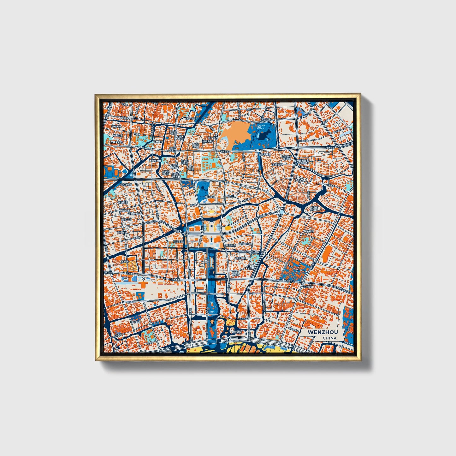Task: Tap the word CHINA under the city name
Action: point(329,338)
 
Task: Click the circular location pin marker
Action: point(144,279)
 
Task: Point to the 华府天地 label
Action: point(116,127)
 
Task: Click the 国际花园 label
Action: point(310,231)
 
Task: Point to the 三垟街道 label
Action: point(308,287)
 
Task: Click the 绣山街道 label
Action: point(210,197)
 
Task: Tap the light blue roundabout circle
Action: point(226,182)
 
